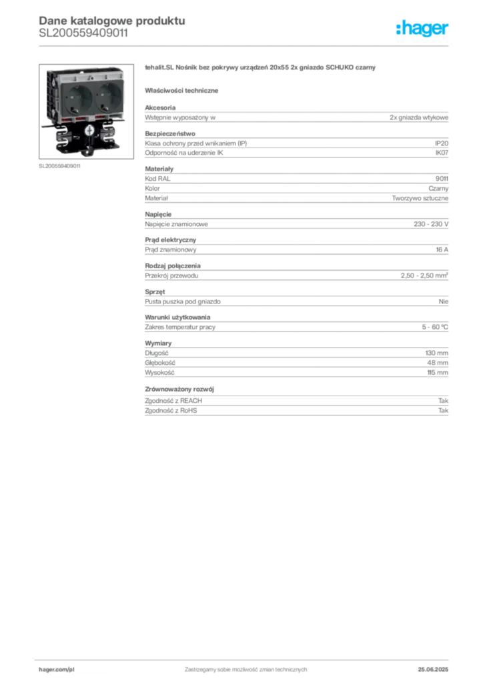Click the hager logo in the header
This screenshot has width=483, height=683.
(422, 28)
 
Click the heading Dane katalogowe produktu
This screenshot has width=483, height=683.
(112, 21)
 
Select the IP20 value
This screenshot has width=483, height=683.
(442, 143)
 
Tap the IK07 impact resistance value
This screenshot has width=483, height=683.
(442, 153)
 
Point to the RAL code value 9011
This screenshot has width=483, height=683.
(442, 179)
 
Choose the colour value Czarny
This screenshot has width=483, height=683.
(438, 189)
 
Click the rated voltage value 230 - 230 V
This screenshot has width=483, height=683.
(431, 224)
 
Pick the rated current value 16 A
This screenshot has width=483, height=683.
(442, 249)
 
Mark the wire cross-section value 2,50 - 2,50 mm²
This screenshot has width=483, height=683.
(424, 275)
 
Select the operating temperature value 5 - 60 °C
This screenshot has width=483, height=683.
(435, 327)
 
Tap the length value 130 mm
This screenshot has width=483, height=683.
(436, 354)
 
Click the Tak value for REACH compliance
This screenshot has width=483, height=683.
(443, 401)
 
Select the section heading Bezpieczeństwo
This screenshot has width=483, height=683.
(170, 133)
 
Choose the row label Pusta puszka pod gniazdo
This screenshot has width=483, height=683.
(183, 301)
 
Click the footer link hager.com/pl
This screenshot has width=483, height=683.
(57, 670)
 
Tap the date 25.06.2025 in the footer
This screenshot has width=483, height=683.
(433, 670)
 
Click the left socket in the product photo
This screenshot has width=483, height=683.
(79, 99)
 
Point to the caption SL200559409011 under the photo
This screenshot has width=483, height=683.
(59, 166)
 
